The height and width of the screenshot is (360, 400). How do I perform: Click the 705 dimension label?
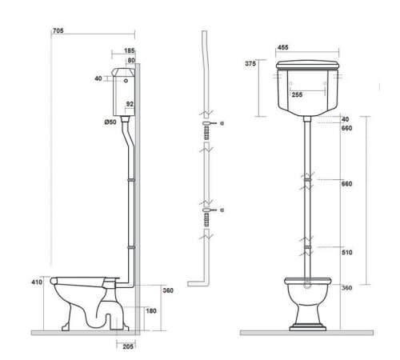click(58, 30)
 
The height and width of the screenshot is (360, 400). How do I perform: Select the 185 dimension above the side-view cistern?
click(130, 50)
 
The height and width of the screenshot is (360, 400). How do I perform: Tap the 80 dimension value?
click(131, 61)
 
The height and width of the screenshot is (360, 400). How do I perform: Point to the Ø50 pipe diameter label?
click(110, 122)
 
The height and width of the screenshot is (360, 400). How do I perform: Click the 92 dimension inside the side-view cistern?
click(130, 104)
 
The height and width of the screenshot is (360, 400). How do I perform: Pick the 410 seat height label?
click(37, 282)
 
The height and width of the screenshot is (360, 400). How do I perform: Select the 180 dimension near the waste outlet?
click(151, 310)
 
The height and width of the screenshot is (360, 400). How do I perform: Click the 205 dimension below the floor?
click(128, 346)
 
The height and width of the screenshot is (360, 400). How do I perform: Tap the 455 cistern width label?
click(283, 47)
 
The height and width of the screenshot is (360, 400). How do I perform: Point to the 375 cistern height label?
click(250, 63)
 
